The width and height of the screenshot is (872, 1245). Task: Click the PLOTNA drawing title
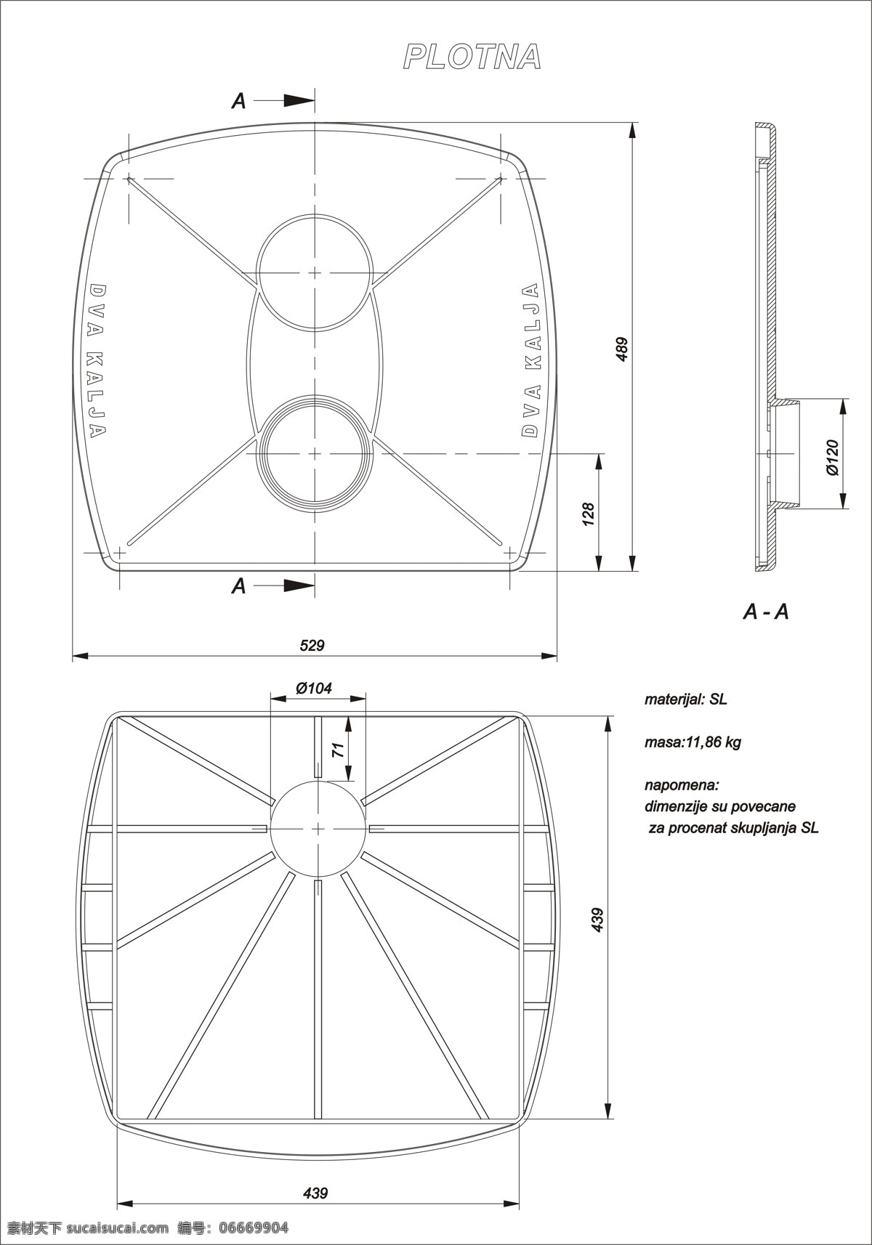tap(472, 57)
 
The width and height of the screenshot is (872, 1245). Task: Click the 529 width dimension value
tap(312, 646)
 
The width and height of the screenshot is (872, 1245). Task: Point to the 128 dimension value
tap(588, 514)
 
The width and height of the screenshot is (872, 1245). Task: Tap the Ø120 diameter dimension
tap(832, 458)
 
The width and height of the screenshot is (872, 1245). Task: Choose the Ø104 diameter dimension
tap(314, 689)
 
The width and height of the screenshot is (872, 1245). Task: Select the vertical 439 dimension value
tap(597, 920)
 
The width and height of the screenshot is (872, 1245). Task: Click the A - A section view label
tap(766, 612)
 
